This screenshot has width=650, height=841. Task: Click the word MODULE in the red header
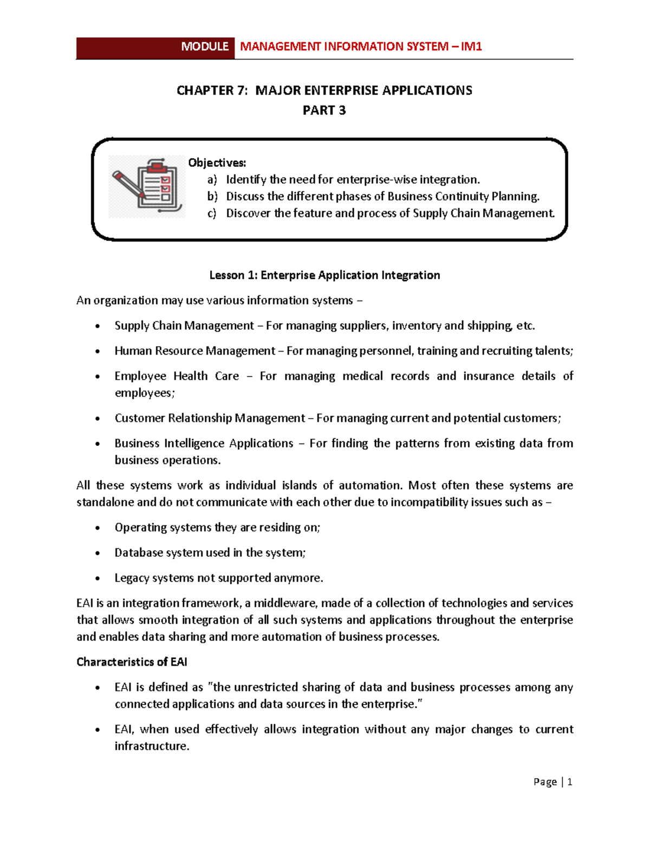(205, 47)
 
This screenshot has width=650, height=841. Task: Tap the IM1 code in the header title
(471, 47)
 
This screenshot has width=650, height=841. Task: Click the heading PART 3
(324, 110)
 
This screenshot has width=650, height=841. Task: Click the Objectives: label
(217, 163)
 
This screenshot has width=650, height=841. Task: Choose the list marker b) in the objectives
(212, 197)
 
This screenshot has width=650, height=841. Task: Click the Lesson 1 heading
(324, 276)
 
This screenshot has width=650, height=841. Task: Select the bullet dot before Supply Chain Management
(97, 327)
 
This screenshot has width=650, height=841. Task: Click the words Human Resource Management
(194, 351)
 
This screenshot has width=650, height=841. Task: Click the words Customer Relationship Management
(210, 418)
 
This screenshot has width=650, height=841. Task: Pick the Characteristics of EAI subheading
(132, 662)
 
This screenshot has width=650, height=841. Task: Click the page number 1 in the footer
(569, 782)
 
